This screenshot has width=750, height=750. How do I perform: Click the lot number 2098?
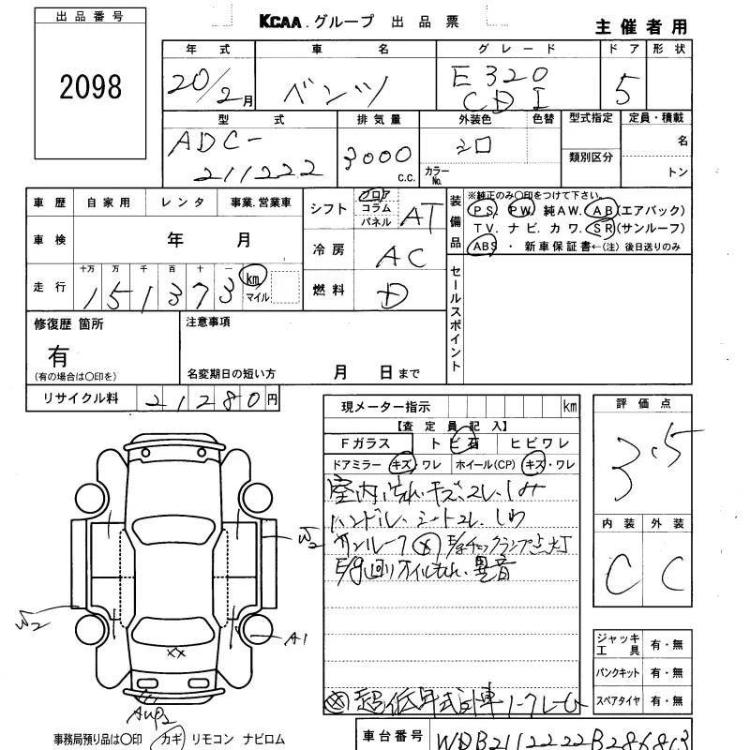pyautogui.click(x=91, y=87)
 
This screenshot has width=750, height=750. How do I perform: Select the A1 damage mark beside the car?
pyautogui.click(x=297, y=639)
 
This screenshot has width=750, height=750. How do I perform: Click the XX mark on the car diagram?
pyautogui.click(x=174, y=651)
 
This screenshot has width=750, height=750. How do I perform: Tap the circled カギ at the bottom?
pyautogui.click(x=173, y=739)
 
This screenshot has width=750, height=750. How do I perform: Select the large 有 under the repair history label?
pyautogui.click(x=58, y=355)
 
